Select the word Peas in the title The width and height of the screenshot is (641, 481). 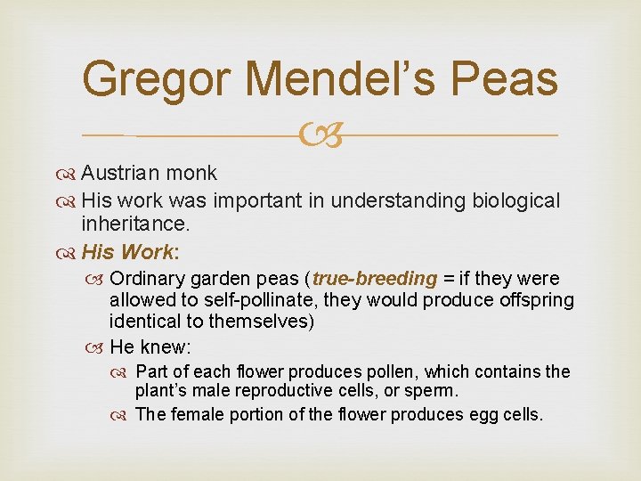505,78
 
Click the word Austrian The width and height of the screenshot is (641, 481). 115,172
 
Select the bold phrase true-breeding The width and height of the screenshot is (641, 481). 375,278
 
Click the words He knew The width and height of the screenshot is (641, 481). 144,346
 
